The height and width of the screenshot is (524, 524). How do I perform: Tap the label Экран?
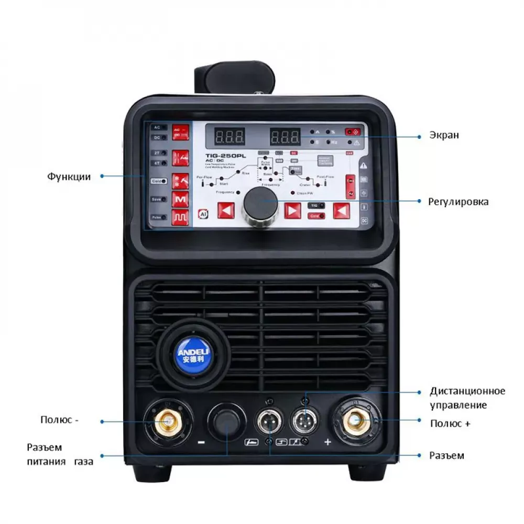pos(443,136)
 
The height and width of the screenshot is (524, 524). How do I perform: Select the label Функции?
pos(69,177)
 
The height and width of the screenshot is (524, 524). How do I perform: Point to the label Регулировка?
pos(458,201)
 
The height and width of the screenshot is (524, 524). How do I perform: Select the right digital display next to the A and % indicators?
pos(285,138)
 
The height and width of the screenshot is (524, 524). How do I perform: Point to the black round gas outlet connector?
pos(226,421)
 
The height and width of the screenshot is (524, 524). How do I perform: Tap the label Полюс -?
pos(60,420)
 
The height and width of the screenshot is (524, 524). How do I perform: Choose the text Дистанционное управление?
pos(467,398)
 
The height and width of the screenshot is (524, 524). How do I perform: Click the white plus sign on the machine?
pos(327,442)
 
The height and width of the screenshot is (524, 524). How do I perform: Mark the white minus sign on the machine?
pos(201,442)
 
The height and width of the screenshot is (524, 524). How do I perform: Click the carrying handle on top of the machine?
pos(236,79)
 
